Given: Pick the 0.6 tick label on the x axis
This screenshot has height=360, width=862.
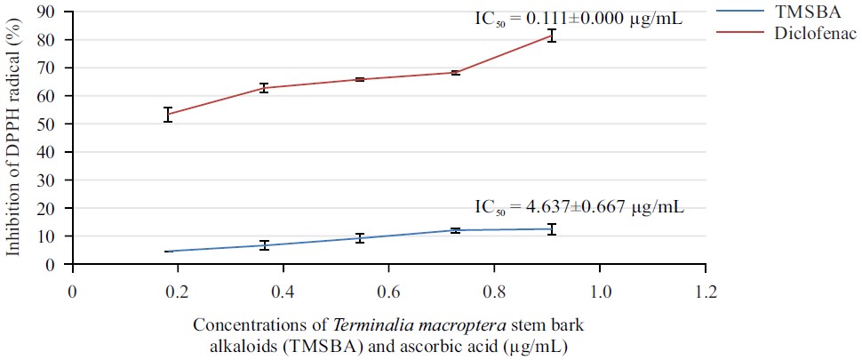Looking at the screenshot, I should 387,291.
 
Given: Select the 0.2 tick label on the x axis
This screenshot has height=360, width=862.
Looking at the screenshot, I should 177,291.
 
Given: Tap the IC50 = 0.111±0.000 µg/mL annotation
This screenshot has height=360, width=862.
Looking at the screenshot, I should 579,18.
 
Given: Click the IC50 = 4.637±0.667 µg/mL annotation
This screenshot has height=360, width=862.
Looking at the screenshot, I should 579,209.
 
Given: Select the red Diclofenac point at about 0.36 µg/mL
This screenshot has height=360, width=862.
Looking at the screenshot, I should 264,87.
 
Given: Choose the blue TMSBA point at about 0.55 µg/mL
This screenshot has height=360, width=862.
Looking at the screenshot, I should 360,237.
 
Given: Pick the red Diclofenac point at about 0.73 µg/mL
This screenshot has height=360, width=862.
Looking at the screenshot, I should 456,72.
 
